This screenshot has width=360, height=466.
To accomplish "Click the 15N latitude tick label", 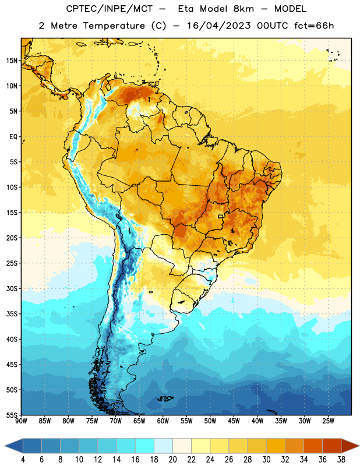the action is tap(12, 61).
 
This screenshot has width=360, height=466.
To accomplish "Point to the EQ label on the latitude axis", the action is tap(13, 137).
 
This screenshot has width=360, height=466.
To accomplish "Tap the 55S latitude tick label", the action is tap(12, 415).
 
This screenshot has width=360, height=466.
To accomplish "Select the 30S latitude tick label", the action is tap(12, 288).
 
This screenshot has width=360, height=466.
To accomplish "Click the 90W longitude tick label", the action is tap(21, 421).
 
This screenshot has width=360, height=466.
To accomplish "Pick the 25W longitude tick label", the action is tap(328, 421).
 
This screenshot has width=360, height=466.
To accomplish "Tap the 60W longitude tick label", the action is tap(163, 421).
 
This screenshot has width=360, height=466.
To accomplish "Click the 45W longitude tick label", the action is tap(234, 421).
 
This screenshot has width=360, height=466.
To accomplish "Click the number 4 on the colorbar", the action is tap(23, 460).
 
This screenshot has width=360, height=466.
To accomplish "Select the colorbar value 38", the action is tap(341, 460).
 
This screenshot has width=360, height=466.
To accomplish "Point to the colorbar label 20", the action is tap(172, 460).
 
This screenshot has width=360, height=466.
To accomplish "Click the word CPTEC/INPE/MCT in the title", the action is tap(109, 9).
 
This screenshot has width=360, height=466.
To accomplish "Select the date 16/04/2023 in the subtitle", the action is tap(219, 26).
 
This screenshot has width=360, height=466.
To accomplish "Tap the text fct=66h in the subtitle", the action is tap(314, 26).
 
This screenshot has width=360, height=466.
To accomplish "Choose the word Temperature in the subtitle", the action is tap(114, 26).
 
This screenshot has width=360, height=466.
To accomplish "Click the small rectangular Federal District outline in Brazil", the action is tap(220, 216).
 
